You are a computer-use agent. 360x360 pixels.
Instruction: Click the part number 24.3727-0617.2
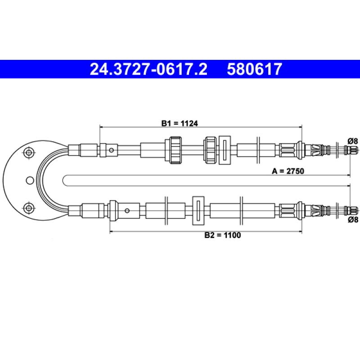click(x=148, y=69)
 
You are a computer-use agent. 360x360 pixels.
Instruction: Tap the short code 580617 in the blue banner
click(x=254, y=69)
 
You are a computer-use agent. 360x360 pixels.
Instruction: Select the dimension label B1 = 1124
click(x=180, y=123)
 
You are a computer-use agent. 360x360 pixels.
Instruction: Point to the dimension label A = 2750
click(x=288, y=171)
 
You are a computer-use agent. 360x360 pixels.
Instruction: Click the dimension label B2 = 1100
click(x=223, y=235)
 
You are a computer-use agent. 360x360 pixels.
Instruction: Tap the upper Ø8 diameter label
click(x=353, y=141)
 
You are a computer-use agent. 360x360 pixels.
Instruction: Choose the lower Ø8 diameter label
click(x=353, y=220)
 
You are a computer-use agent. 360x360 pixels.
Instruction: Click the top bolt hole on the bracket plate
click(x=29, y=152)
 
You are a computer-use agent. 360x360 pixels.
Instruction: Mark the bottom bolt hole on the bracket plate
click(x=29, y=208)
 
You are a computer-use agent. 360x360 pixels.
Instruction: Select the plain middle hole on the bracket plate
click(x=30, y=180)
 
